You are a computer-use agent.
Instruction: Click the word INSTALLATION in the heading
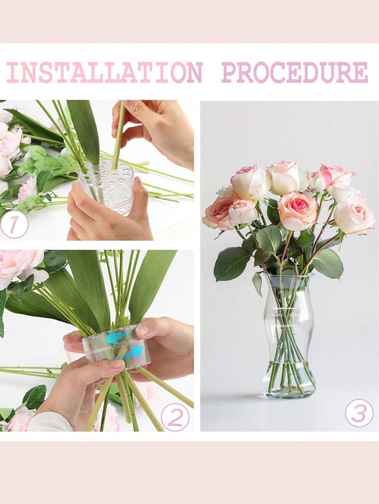coord(104,72)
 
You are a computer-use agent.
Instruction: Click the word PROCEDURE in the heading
coord(294,72)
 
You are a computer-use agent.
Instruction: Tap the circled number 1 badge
coord(14,224)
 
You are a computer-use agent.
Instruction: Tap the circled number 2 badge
coord(175,416)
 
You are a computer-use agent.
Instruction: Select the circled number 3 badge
coord(359,413)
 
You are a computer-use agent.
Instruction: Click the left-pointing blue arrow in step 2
coord(116,337)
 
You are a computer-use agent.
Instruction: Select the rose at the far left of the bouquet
coord(219,212)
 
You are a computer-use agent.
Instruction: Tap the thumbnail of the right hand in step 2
coord(143,330)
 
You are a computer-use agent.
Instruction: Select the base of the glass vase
coord(288,391)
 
